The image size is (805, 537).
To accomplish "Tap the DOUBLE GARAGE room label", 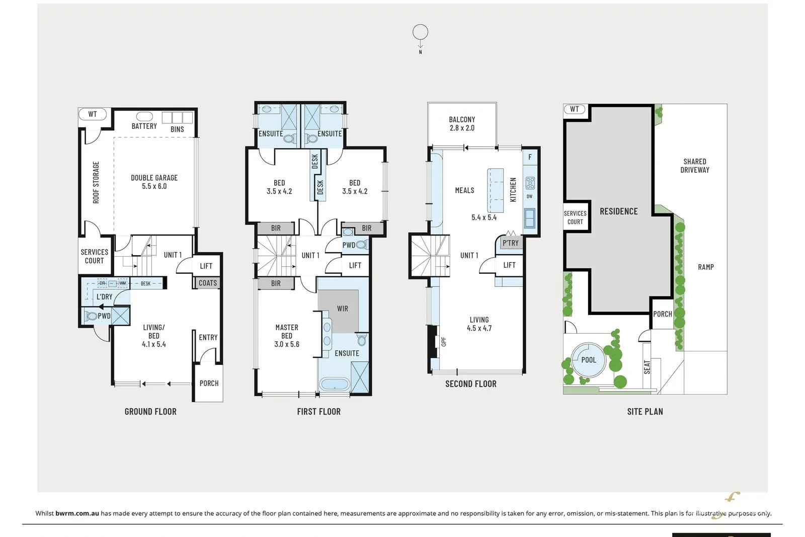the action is (x=154, y=182).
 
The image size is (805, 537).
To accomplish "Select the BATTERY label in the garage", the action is (x=144, y=126).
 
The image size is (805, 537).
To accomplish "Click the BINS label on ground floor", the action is (x=177, y=129).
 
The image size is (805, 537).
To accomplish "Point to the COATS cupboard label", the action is (x=208, y=283).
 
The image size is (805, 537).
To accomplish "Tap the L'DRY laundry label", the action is (x=104, y=297).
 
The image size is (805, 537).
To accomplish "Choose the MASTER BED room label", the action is (x=287, y=331).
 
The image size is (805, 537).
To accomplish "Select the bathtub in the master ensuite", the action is (x=334, y=384).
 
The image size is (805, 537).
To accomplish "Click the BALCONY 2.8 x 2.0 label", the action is (x=462, y=124).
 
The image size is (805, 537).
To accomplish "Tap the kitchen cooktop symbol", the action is (x=530, y=183).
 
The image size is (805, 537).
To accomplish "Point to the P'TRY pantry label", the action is (x=510, y=243).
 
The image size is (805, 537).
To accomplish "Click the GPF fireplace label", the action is (x=443, y=341).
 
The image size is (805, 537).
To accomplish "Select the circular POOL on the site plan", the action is (x=589, y=359).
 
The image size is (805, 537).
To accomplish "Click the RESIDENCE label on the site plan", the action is (x=618, y=211).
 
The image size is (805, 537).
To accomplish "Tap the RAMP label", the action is (x=706, y=267).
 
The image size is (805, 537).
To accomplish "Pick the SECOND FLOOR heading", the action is (x=471, y=384).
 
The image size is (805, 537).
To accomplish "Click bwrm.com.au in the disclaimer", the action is (x=77, y=513).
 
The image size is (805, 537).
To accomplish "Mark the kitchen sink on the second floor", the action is (x=530, y=218).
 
